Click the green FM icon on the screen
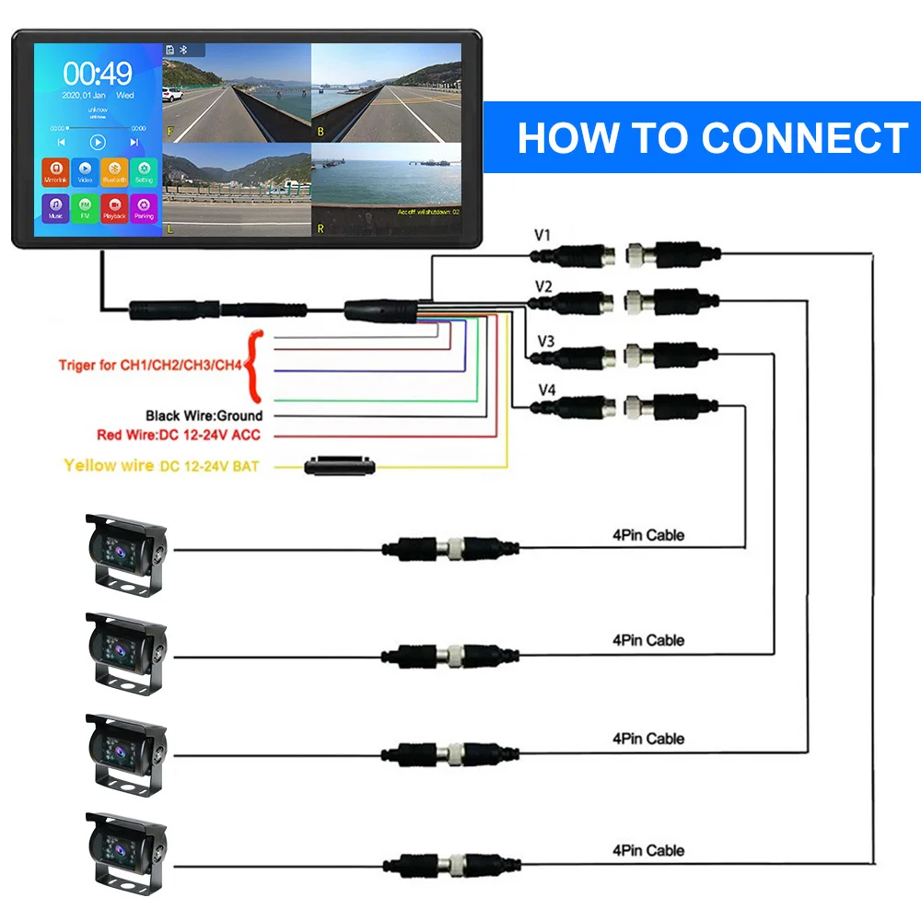[x=85, y=206]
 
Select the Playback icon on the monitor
[x=114, y=206]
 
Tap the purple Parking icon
[x=144, y=206]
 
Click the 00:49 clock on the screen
[x=98, y=74]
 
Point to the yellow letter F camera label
[x=169, y=132]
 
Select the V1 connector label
[x=542, y=236]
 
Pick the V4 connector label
[x=546, y=390]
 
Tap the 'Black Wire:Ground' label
[x=204, y=416]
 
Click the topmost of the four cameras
[x=126, y=554]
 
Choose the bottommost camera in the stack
[x=126, y=852]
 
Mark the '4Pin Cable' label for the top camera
[x=648, y=535]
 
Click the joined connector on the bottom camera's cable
[x=452, y=864]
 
